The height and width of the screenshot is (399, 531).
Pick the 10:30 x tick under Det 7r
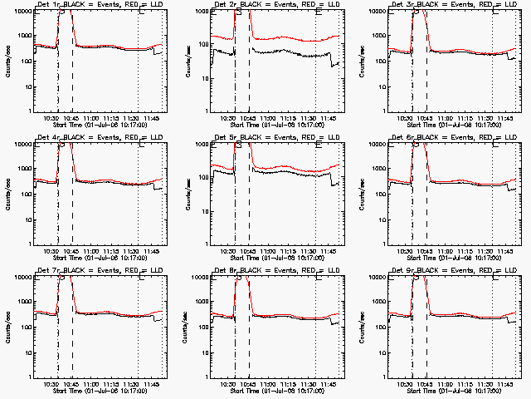coord(50,384)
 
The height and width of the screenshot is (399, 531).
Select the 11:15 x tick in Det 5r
coord(290,251)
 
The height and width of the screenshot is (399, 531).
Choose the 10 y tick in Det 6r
coord(382,219)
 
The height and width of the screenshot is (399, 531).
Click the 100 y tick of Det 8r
coord(202,327)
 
